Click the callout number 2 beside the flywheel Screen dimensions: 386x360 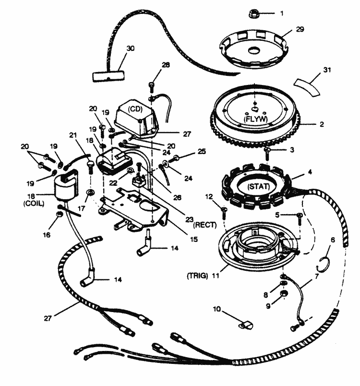320,124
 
